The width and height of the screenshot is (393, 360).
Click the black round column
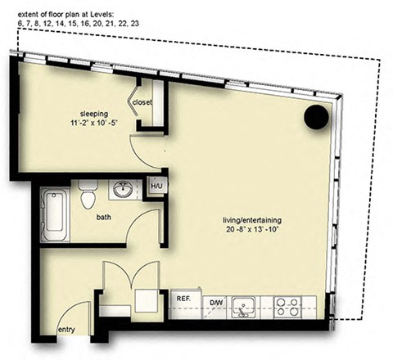pyautogui.click(x=315, y=118)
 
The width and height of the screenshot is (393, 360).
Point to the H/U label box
pyautogui.click(x=155, y=187)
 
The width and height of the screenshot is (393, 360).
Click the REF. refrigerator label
pyautogui.click(x=183, y=299)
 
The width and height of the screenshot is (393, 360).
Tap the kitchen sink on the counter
pyautogui.click(x=242, y=307)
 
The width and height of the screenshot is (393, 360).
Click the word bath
pyautogui.click(x=104, y=218)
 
